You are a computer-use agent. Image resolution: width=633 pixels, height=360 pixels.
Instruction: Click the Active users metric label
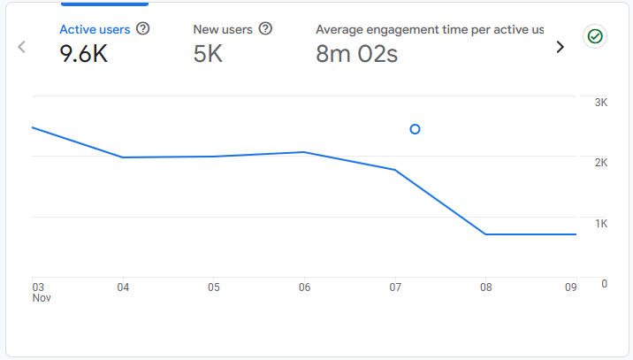tap(95, 29)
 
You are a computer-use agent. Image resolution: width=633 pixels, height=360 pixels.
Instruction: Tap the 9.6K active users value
tap(84, 54)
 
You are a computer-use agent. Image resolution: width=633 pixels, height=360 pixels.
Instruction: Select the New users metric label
tap(223, 29)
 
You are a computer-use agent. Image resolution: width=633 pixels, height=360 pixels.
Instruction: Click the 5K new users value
tap(208, 54)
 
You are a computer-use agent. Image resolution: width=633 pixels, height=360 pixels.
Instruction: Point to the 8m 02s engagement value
tap(356, 54)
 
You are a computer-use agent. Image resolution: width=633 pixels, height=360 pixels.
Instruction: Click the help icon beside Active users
tap(143, 29)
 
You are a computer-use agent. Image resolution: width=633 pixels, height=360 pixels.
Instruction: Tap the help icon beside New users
tap(265, 29)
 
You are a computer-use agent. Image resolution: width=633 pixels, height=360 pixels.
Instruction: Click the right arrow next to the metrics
tap(560, 47)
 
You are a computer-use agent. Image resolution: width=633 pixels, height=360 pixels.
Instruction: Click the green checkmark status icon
tap(595, 36)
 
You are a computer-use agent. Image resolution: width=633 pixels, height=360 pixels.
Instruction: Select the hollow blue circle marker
tap(416, 129)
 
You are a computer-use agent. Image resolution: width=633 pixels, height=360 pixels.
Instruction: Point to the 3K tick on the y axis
tap(601, 103)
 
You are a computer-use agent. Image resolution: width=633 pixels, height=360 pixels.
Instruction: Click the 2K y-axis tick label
tap(601, 163)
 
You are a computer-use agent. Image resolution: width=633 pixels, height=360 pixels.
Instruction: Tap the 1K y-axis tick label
tap(601, 223)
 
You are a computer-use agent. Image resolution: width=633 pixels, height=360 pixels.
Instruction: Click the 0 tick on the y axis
tap(604, 283)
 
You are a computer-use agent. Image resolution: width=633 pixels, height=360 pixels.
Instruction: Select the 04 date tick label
tap(123, 287)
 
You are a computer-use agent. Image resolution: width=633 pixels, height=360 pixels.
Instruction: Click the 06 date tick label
tap(304, 287)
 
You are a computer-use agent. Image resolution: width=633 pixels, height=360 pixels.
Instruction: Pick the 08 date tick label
tap(485, 287)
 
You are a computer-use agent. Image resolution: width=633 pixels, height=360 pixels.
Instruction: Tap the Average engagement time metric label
tap(430, 29)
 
